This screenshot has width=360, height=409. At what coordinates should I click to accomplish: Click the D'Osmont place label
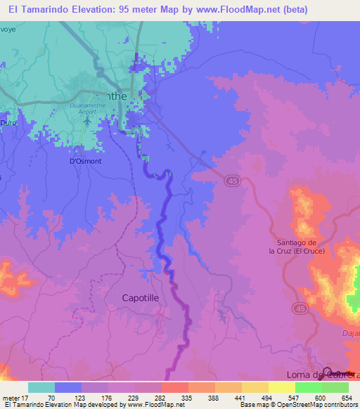[85, 161]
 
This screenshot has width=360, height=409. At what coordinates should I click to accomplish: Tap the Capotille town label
[141, 297]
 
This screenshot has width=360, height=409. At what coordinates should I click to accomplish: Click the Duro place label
[8, 122]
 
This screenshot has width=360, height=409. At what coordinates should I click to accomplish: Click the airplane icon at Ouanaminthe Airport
[88, 118]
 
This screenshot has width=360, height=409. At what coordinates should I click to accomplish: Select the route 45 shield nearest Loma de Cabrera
[301, 309]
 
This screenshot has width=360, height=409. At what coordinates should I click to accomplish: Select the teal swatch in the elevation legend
[41, 387]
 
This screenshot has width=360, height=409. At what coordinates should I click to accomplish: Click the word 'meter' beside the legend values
[10, 398]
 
